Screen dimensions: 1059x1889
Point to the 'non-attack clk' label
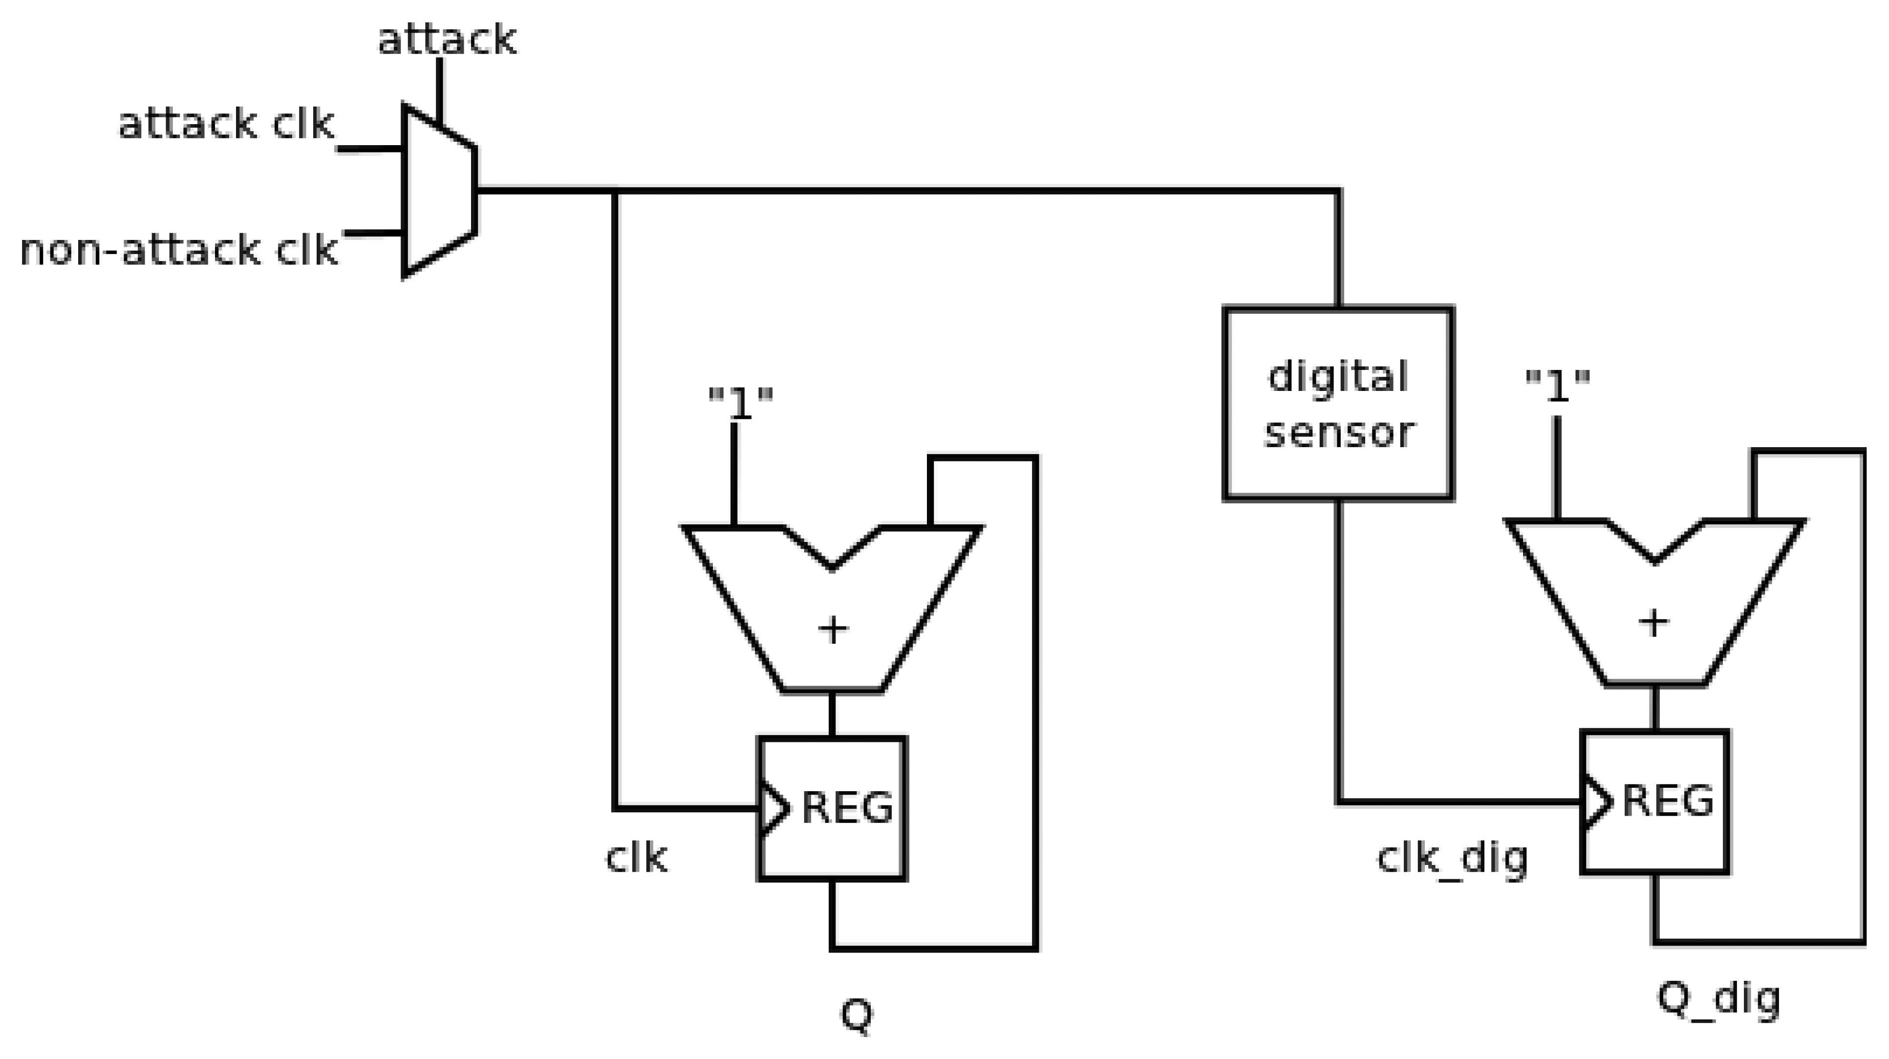(178, 250)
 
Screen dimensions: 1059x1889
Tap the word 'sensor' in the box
(1338, 432)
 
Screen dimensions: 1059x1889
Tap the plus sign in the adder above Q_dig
(1653, 623)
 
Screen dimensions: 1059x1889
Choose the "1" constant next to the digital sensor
(1557, 386)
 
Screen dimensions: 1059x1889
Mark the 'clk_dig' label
(1452, 859)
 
